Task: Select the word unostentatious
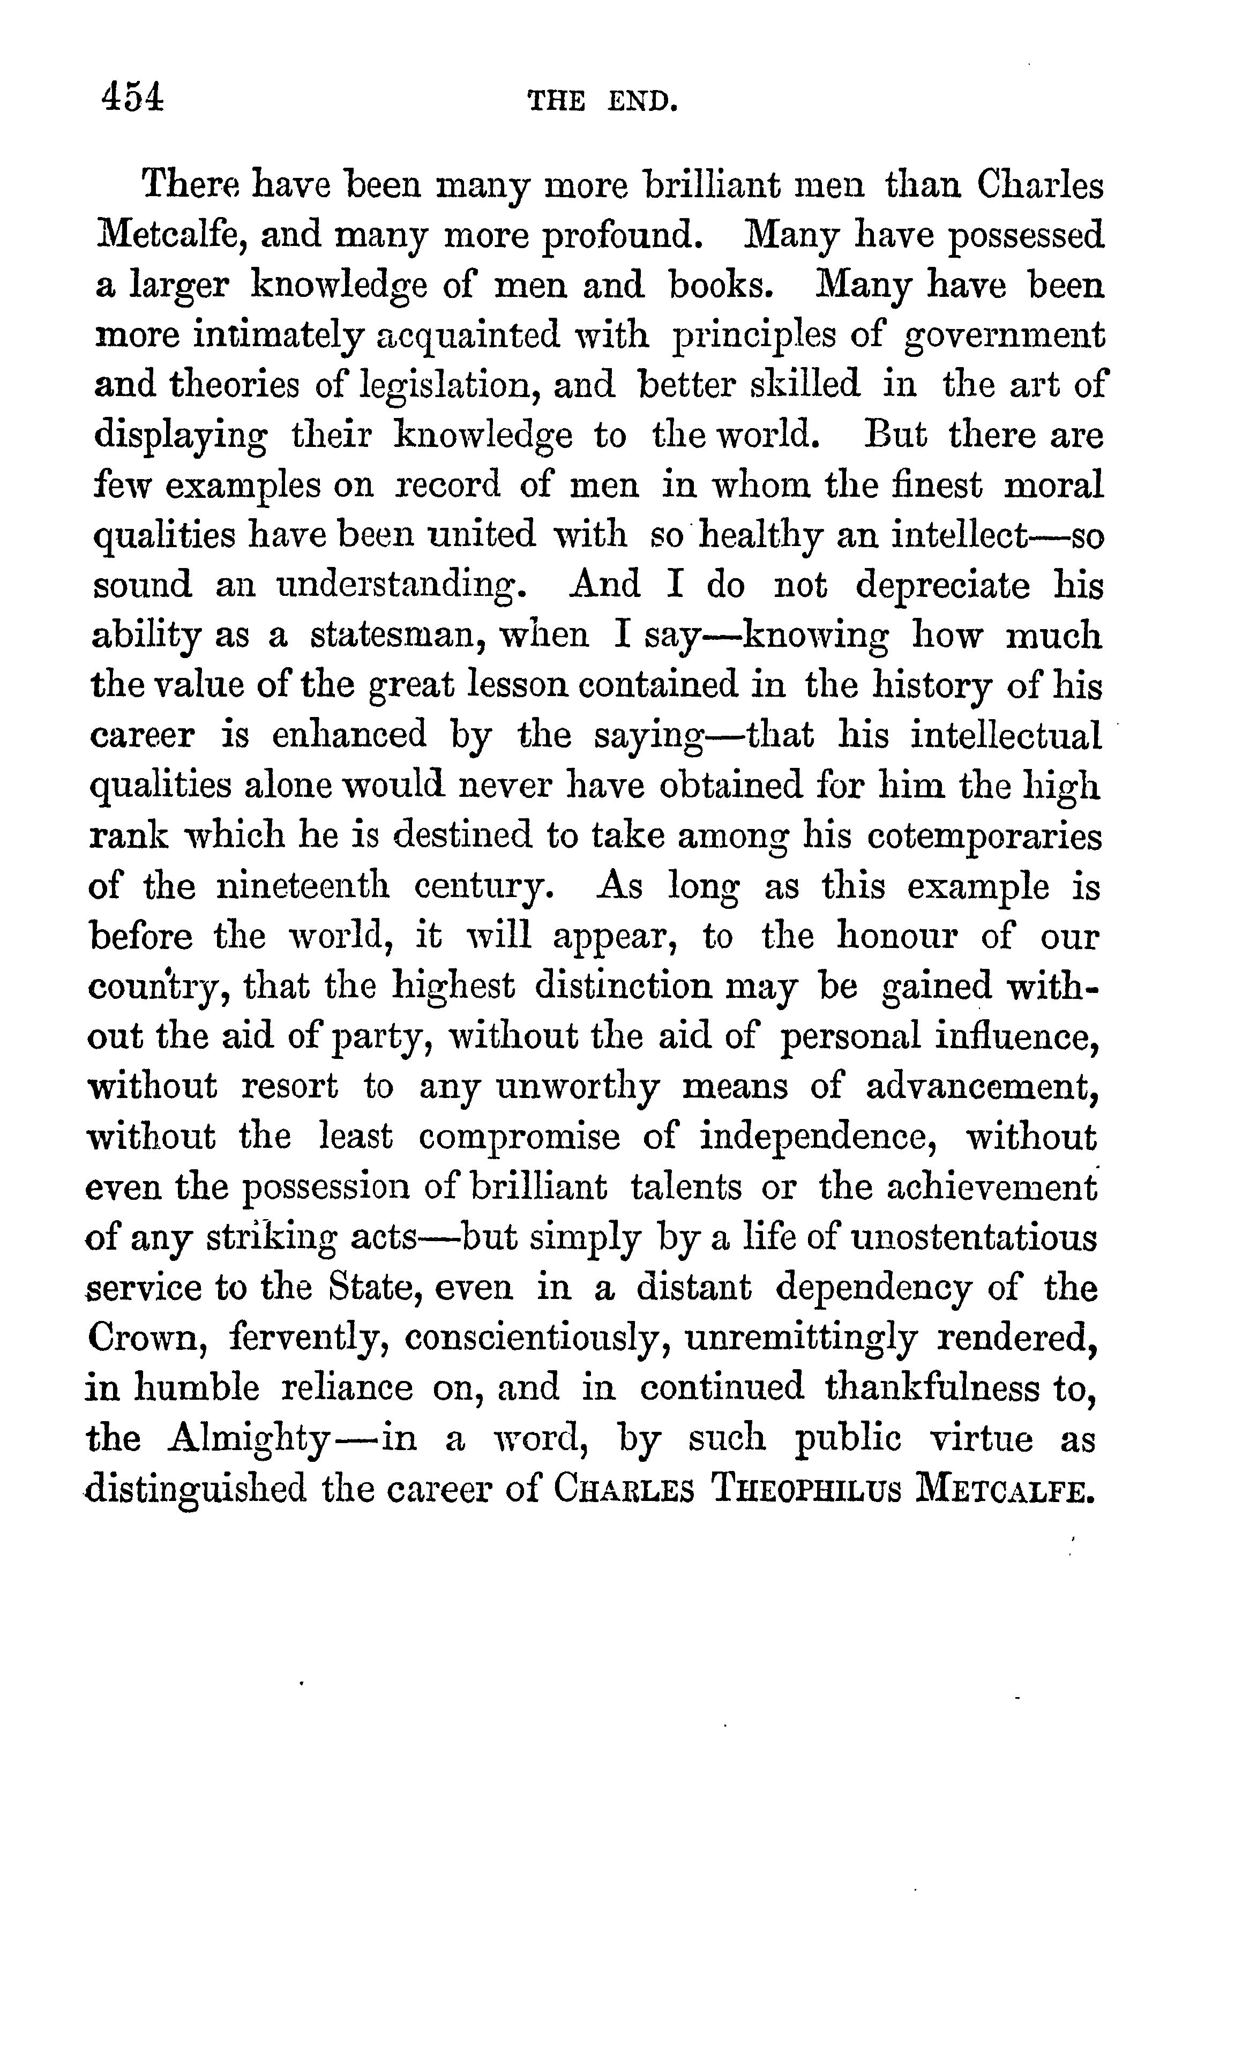pyautogui.click(x=973, y=1237)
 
